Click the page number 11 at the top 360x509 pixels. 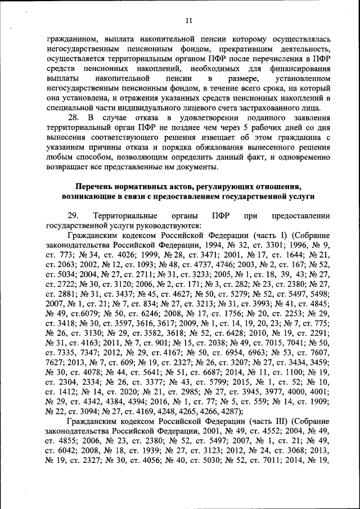188,21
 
